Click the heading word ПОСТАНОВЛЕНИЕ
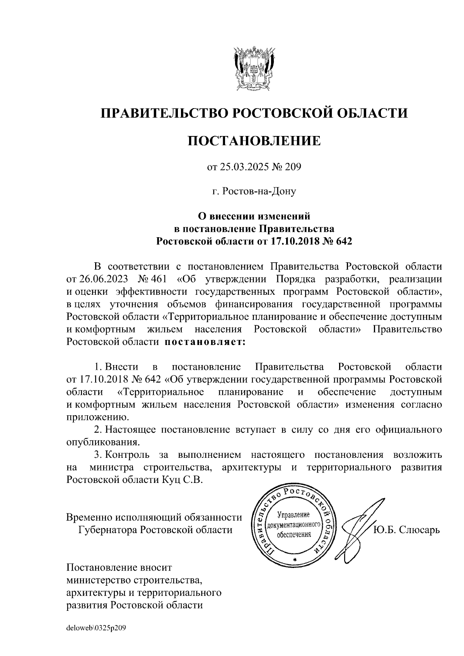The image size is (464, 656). point(254,141)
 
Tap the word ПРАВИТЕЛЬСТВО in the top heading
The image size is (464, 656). point(163,113)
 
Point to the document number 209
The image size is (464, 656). point(292,167)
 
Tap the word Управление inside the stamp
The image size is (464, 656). point(294,515)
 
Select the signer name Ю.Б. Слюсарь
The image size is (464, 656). point(406,529)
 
